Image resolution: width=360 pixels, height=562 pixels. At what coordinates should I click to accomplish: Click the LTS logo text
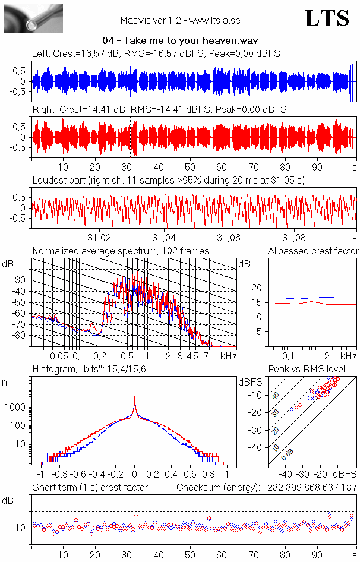tap(327, 18)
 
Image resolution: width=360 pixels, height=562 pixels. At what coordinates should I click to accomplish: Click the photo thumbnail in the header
tap(33, 18)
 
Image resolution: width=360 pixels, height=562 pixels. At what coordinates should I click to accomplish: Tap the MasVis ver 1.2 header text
tap(180, 20)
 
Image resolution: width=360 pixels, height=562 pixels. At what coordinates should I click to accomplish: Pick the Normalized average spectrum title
tap(121, 251)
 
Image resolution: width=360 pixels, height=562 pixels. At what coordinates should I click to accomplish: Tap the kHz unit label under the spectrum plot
tap(229, 356)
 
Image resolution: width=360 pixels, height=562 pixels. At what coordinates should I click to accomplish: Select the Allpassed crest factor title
tap(313, 251)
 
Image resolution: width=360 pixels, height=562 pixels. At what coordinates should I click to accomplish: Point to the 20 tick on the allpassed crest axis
tap(257, 288)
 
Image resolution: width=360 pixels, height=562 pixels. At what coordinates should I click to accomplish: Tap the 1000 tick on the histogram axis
tap(15, 408)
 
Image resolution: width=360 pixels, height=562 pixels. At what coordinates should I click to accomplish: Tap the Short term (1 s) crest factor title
tap(90, 488)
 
